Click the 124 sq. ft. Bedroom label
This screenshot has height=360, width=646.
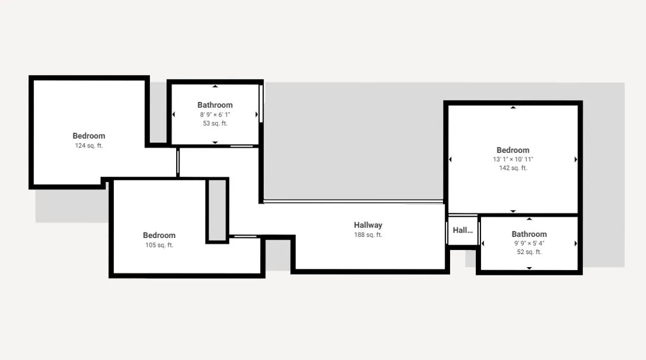click(x=89, y=136)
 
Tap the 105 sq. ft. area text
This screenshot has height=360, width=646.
click(x=159, y=245)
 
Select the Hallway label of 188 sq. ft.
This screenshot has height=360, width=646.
click(x=368, y=225)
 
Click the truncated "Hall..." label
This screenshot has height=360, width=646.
click(x=463, y=230)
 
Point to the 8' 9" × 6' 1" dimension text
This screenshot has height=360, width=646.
click(x=215, y=114)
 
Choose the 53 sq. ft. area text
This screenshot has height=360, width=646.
click(x=215, y=123)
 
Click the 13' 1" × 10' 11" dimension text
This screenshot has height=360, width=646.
click(x=513, y=159)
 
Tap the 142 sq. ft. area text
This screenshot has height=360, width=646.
click(x=513, y=168)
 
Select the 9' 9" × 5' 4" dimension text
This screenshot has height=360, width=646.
click(x=529, y=243)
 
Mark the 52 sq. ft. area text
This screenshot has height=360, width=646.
click(x=529, y=252)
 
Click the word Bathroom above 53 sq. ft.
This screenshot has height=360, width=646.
click(x=215, y=105)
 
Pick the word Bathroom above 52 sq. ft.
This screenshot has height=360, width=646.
click(x=529, y=234)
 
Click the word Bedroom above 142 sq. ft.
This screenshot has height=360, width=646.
click(x=513, y=150)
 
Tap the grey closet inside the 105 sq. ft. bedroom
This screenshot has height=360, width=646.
click(x=217, y=211)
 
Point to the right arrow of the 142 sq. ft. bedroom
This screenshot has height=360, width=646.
click(x=576, y=159)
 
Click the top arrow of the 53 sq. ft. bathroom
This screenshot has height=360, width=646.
click(x=215, y=86)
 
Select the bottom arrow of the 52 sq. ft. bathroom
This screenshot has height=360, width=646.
click(x=529, y=268)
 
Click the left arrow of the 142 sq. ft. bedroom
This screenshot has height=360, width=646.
click(x=450, y=159)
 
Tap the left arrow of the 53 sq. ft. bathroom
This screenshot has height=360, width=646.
click(x=173, y=114)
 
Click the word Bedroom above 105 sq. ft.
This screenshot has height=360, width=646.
click(x=159, y=235)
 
